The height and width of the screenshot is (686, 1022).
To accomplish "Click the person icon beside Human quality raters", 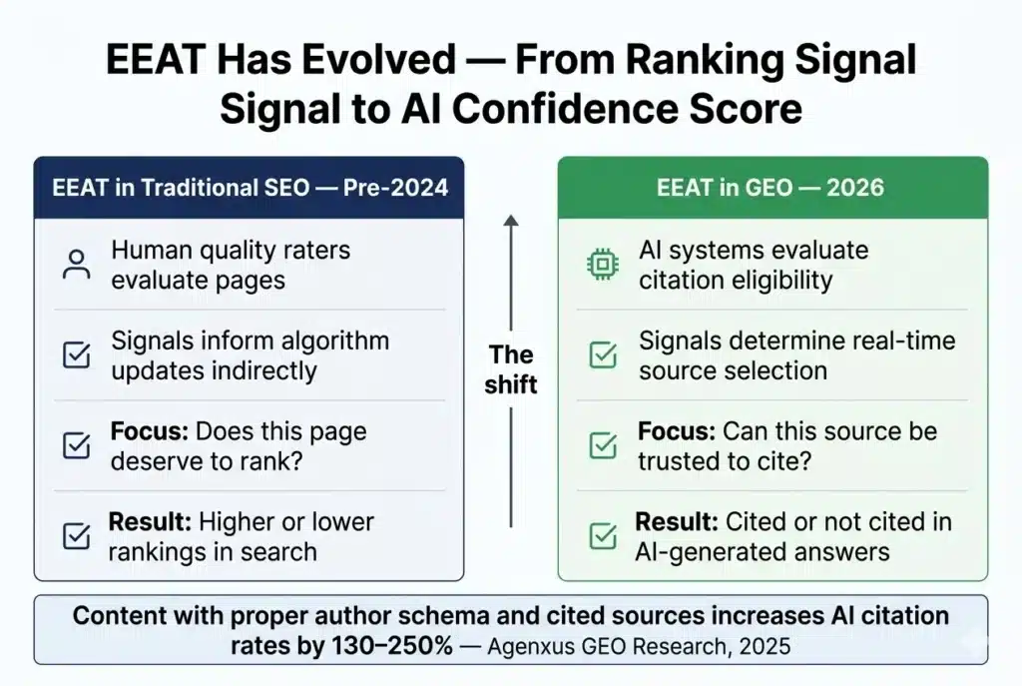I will (76, 265).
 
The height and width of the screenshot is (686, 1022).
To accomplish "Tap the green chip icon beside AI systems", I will (601, 265).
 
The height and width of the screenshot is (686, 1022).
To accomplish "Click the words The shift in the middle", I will (511, 369).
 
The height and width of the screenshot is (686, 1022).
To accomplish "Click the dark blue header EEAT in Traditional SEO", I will (249, 188).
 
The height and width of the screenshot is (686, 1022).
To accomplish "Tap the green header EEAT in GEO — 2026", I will (771, 188).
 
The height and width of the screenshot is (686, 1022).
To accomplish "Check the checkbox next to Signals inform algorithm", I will (76, 355).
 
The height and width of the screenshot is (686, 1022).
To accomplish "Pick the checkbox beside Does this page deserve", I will (76, 446).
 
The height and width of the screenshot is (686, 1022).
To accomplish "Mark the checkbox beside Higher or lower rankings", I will (76, 536).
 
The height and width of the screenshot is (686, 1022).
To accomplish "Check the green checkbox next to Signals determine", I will (602, 355).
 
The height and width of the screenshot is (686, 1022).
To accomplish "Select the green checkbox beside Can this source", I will (602, 446).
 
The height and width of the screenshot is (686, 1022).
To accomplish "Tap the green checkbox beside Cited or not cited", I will (602, 536).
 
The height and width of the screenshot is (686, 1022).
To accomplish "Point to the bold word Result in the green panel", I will (674, 522).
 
